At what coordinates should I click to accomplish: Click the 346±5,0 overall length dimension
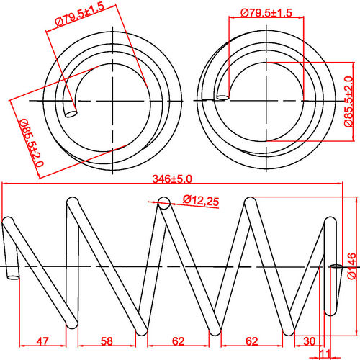coord(172,179)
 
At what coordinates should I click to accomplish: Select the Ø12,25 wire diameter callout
coord(201,200)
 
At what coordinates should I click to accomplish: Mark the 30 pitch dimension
coord(310,341)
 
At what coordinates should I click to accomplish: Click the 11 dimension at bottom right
coord(325,353)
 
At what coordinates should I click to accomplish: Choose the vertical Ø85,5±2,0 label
coord(348,102)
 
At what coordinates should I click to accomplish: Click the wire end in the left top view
coord(71,112)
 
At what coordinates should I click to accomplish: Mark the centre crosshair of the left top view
coord(114,99)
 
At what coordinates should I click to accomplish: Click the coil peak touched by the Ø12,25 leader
coord(163,204)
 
